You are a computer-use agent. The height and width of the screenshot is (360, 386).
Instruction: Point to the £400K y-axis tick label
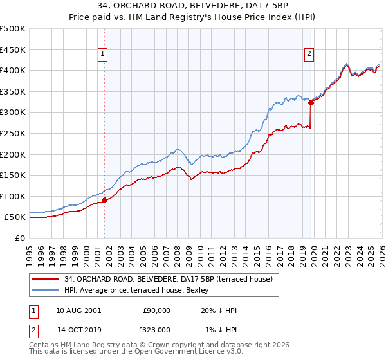(x=13, y=70)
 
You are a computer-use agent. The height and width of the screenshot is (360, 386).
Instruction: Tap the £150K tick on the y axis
(x=13, y=175)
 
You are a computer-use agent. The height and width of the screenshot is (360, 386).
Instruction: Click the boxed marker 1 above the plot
(x=103, y=54)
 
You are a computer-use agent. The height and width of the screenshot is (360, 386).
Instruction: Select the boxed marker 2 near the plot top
(x=309, y=54)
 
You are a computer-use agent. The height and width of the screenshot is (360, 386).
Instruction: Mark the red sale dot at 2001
(x=104, y=200)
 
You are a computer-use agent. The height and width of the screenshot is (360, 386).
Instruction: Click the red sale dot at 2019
(x=311, y=102)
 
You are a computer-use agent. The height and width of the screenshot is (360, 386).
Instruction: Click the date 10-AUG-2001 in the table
(x=78, y=310)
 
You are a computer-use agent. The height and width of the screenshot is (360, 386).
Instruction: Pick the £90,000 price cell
(x=156, y=310)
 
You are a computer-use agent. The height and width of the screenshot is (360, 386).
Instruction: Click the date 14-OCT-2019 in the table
(x=78, y=329)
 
